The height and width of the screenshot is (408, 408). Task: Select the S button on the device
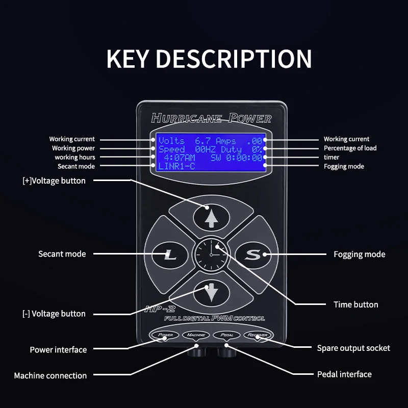point(251,254)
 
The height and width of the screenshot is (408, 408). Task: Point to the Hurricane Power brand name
point(211,118)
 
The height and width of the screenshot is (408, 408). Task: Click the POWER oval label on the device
point(166,335)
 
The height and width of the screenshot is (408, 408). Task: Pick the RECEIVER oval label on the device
point(258,335)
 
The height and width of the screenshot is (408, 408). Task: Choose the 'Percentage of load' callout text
point(350,148)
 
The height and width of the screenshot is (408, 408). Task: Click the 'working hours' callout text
point(75,157)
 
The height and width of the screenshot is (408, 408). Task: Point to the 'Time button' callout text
point(355,304)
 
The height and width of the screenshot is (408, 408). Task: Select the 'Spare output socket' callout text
point(353,348)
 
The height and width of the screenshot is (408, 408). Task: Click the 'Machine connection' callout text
point(50,375)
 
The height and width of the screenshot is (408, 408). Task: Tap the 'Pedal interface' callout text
point(344,374)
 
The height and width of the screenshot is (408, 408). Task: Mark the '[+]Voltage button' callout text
point(54,181)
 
